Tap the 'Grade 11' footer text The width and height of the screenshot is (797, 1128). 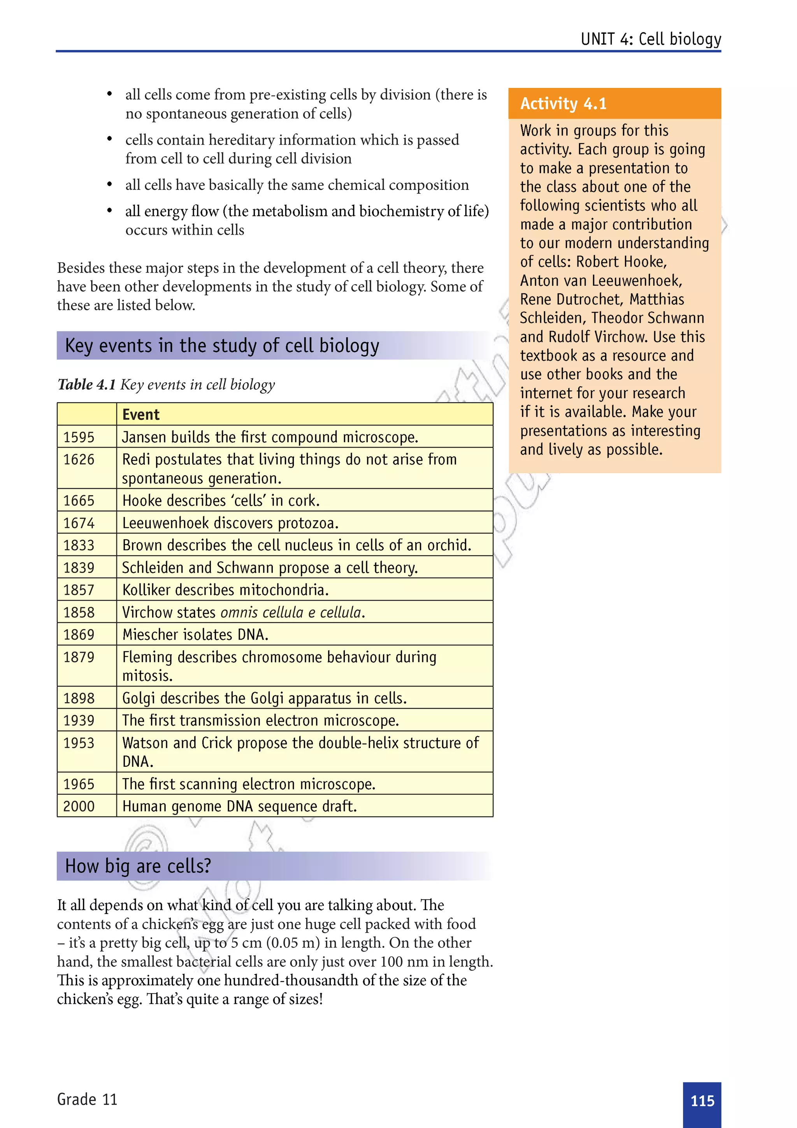(x=88, y=1099)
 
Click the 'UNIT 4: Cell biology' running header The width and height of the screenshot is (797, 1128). (x=651, y=39)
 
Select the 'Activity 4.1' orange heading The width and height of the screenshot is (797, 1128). (x=563, y=104)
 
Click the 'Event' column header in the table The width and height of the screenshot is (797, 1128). (x=141, y=415)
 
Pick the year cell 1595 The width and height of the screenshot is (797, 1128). (x=79, y=437)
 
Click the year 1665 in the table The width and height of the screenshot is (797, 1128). (x=79, y=500)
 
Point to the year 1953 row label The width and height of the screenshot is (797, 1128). (x=79, y=742)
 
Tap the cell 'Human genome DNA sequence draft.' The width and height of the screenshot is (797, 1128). (x=240, y=806)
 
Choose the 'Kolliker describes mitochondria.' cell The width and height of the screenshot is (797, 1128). (x=225, y=590)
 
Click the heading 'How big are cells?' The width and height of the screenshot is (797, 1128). (x=138, y=866)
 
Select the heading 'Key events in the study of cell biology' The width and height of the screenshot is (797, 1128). (x=222, y=345)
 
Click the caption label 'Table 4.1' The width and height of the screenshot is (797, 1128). (x=86, y=384)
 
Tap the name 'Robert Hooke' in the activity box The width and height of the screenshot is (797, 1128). (x=621, y=262)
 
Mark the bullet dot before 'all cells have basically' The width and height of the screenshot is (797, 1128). (x=109, y=185)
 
